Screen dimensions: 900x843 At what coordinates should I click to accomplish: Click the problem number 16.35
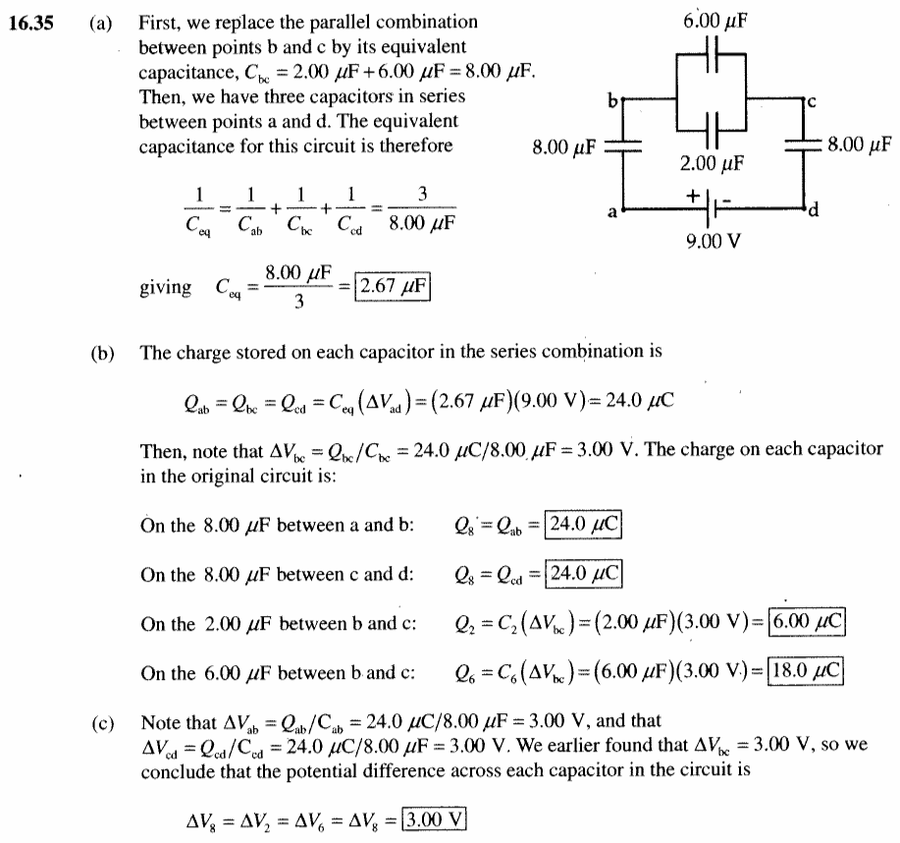pyautogui.click(x=31, y=23)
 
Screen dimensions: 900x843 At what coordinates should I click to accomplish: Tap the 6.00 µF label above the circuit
pyautogui.click(x=715, y=22)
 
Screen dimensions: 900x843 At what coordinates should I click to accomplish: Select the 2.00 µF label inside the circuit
pyautogui.click(x=712, y=164)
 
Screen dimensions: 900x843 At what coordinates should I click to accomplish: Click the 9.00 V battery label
pyautogui.click(x=714, y=241)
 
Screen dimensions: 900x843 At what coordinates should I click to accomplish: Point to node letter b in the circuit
pyautogui.click(x=613, y=101)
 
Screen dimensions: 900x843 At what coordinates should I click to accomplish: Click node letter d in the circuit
pyautogui.click(x=813, y=210)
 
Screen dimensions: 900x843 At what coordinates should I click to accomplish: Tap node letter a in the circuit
pyautogui.click(x=612, y=212)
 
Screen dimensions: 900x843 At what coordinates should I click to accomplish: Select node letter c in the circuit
pyautogui.click(x=811, y=102)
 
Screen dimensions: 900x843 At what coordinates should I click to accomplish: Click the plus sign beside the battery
pyautogui.click(x=693, y=196)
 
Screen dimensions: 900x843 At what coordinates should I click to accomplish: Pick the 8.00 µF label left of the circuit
pyautogui.click(x=564, y=147)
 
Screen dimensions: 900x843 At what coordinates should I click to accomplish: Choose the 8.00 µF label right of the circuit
pyautogui.click(x=859, y=143)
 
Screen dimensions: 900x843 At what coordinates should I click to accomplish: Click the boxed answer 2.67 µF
pyautogui.click(x=393, y=286)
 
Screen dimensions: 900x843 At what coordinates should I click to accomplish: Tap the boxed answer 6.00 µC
pyautogui.click(x=807, y=621)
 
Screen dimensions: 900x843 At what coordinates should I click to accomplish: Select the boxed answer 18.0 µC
pyautogui.click(x=806, y=671)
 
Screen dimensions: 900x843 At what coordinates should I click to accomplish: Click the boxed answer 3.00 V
pyautogui.click(x=435, y=818)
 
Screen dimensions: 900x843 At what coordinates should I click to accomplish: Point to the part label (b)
pyautogui.click(x=103, y=353)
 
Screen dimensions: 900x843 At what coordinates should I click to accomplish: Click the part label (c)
pyautogui.click(x=103, y=723)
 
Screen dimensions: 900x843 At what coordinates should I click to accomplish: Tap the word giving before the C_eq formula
pyautogui.click(x=165, y=286)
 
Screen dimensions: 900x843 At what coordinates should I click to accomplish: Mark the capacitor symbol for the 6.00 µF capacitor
pyautogui.click(x=712, y=54)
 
